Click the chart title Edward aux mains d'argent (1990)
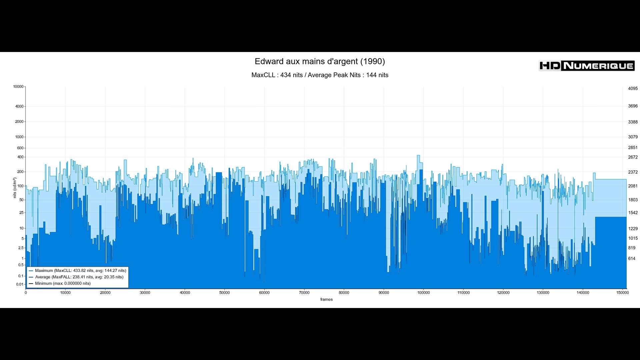point(320,61)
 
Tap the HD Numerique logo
point(586,66)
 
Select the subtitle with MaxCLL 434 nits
point(320,75)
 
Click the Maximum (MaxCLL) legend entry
point(80,271)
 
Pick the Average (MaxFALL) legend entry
point(79,277)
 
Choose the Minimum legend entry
point(63,283)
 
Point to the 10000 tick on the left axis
point(18,87)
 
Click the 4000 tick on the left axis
point(19,106)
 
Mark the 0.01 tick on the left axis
point(20,284)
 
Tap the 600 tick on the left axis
point(20,148)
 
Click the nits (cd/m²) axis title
point(15,188)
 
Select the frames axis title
point(326,299)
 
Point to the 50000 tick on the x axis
point(224,293)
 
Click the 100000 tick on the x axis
point(423,293)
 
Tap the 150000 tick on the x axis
point(622,293)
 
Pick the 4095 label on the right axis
point(633,89)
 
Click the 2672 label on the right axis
point(633,157)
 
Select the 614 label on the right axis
point(632,259)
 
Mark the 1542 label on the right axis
point(633,213)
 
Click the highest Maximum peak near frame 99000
point(418,155)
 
